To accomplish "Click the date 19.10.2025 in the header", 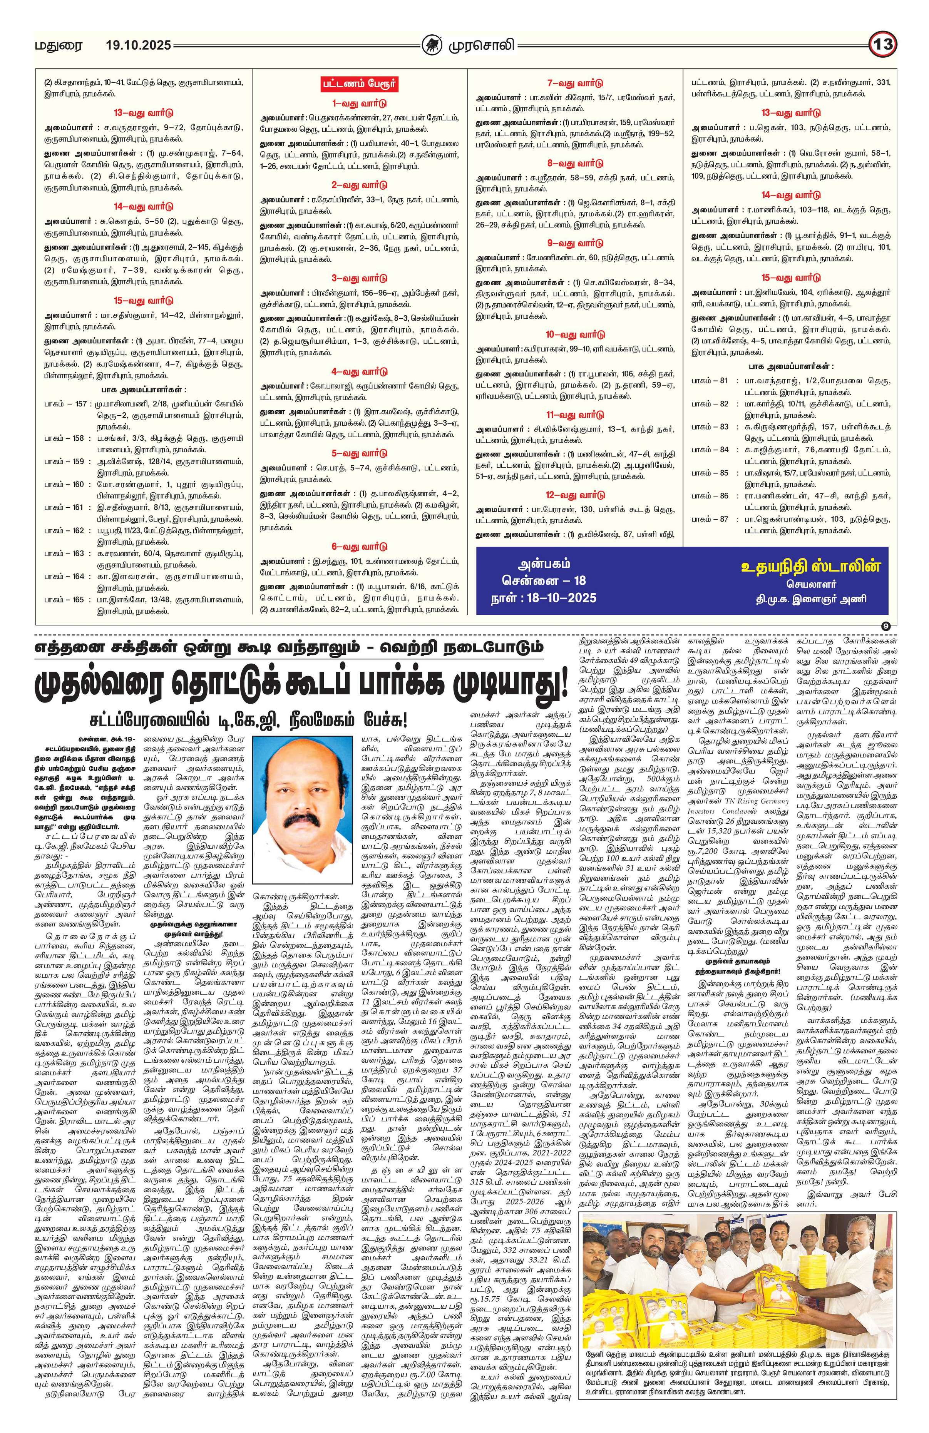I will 138,45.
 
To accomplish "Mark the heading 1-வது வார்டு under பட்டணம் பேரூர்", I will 359,103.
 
